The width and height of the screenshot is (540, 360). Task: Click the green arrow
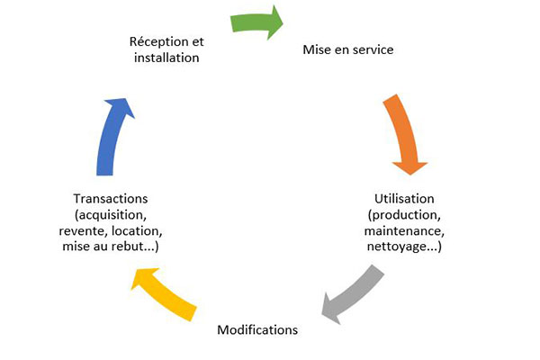[x=256, y=22]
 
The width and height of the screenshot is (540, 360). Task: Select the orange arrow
[x=401, y=135]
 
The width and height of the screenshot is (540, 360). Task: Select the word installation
[x=166, y=58]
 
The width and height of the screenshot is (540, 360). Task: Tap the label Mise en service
[x=346, y=49]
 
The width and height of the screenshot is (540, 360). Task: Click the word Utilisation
[x=404, y=198]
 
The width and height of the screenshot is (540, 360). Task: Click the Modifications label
[x=257, y=329]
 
